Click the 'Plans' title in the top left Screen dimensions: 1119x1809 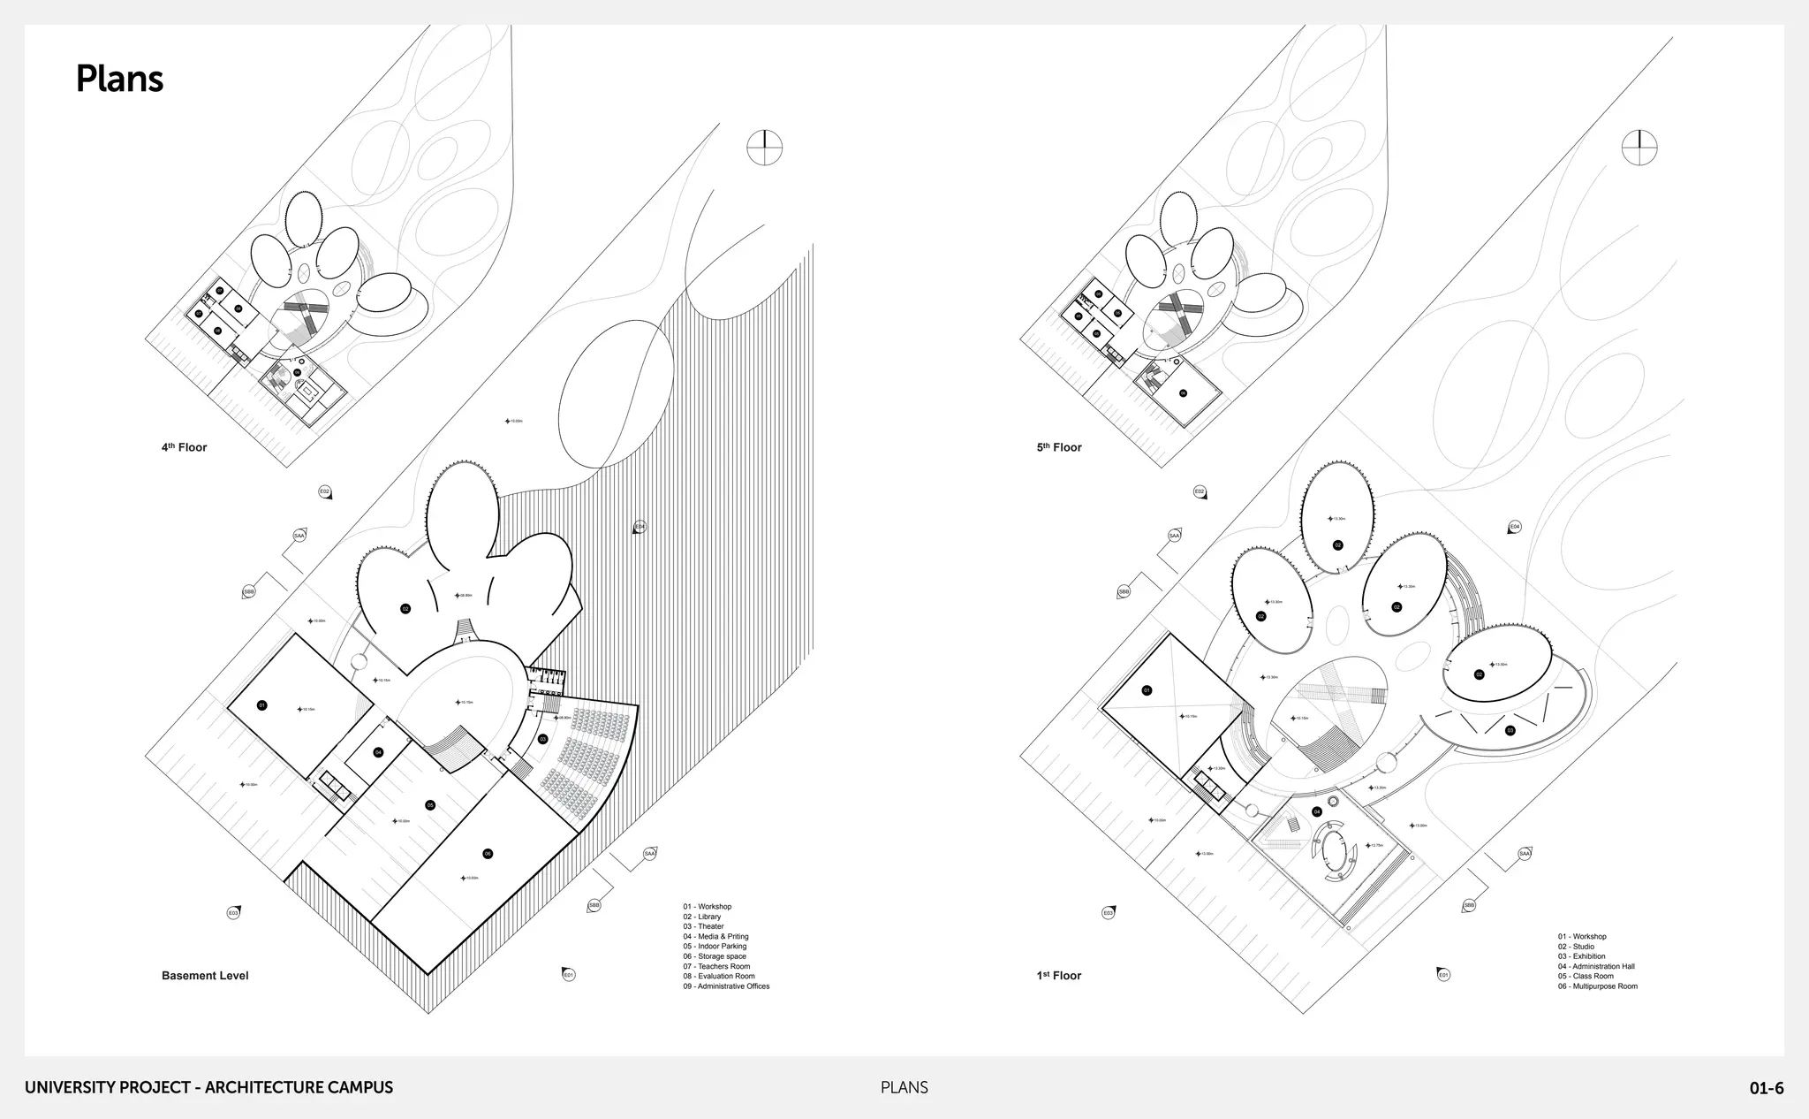pos(119,79)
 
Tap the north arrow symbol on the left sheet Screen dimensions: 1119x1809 pos(765,147)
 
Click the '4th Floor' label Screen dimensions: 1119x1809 pos(184,447)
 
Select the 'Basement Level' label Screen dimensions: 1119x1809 pos(205,976)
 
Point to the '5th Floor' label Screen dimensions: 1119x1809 pos(1059,447)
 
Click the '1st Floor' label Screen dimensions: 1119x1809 pos(1059,976)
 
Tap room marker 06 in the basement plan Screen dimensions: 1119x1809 pos(488,854)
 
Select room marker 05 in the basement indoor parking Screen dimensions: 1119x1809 pos(430,805)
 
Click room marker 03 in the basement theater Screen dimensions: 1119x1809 pos(542,739)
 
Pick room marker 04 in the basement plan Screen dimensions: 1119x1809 pos(378,752)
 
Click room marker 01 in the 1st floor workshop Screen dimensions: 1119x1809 pos(1147,690)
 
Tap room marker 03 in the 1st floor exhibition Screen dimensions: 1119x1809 pos(1510,730)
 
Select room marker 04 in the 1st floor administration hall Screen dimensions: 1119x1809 pos(1317,811)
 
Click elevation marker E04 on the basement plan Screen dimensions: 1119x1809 pos(640,528)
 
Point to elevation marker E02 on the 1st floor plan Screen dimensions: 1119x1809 pos(1200,491)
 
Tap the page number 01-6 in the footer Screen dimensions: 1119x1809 pos(1766,1088)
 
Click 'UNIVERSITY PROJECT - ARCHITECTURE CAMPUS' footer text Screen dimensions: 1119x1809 pos(208,1088)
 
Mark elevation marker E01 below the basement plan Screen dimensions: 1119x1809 pos(569,975)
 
